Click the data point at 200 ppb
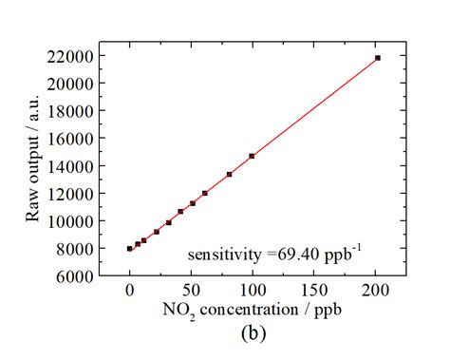(x=378, y=58)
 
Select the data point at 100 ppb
(x=252, y=156)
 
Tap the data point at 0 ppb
(x=130, y=249)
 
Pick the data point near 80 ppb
(x=230, y=174)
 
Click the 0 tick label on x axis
(x=130, y=292)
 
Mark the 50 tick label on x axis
(x=191, y=292)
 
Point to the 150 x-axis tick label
(x=314, y=292)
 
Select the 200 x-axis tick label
(x=376, y=292)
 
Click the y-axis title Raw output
(x=34, y=166)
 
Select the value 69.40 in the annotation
(x=296, y=255)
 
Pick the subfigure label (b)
(x=253, y=333)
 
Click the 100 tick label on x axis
(x=253, y=292)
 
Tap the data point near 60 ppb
(x=205, y=193)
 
